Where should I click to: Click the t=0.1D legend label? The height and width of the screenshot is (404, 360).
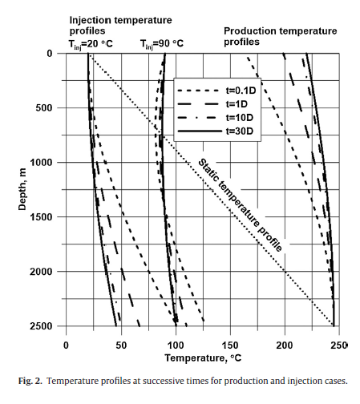click(x=241, y=91)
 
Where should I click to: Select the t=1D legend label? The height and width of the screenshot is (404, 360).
click(x=237, y=104)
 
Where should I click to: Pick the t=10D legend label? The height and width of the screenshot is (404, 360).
click(x=240, y=118)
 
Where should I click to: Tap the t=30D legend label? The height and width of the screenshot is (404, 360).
click(x=240, y=131)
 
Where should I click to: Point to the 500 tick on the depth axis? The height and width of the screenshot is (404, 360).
click(x=44, y=108)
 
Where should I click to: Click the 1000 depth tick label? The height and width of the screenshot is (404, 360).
click(x=41, y=163)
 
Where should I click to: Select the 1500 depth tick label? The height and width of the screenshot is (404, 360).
click(x=41, y=217)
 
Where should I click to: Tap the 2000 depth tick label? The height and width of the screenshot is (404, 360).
click(x=41, y=272)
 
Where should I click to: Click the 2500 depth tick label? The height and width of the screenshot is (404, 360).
click(x=41, y=326)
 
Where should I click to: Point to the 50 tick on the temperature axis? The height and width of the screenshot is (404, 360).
click(x=121, y=345)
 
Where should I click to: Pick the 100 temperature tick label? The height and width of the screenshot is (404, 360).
click(x=176, y=345)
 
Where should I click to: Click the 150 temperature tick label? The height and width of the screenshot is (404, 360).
click(x=230, y=345)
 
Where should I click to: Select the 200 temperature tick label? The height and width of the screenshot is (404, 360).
click(x=285, y=345)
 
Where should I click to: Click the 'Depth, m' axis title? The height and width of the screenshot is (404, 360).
click(x=22, y=189)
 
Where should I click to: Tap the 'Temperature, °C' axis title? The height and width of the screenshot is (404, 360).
click(x=203, y=358)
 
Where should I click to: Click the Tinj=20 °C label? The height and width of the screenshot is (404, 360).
click(x=91, y=44)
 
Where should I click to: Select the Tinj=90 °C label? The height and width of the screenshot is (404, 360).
click(x=162, y=44)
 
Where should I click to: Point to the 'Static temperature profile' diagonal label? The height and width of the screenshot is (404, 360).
click(x=240, y=205)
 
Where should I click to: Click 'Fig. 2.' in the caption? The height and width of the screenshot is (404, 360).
click(x=30, y=381)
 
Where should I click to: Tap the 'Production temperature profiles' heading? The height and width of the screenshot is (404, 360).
click(x=281, y=36)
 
